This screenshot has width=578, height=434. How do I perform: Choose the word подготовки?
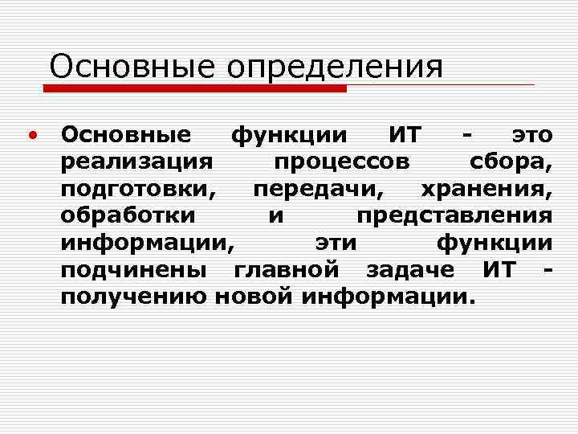pos(138,190)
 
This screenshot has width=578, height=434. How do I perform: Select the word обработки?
pos(127,217)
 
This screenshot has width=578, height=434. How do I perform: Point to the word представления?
pos(454,217)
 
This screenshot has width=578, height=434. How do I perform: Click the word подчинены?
pos(135,271)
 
